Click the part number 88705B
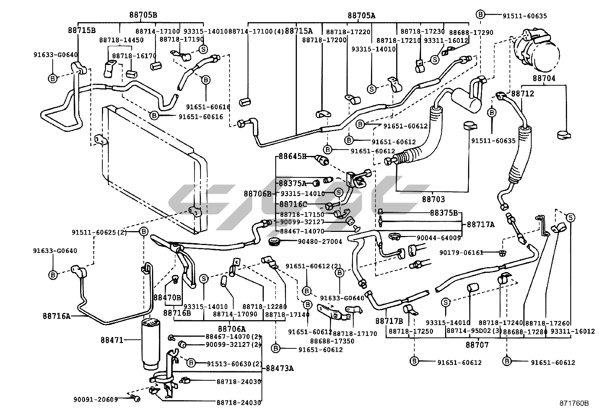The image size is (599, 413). (x=143, y=15)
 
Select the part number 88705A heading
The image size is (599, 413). (x=361, y=15)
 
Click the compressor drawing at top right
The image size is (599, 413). (x=538, y=51)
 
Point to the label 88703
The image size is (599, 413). (x=433, y=200)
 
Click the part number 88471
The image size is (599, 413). (x=112, y=340)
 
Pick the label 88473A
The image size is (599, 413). (x=280, y=368)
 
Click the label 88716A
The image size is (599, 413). (x=56, y=316)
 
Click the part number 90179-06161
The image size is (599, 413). (x=461, y=253)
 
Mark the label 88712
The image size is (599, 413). (x=522, y=94)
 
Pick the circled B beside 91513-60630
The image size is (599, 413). (x=191, y=363)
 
